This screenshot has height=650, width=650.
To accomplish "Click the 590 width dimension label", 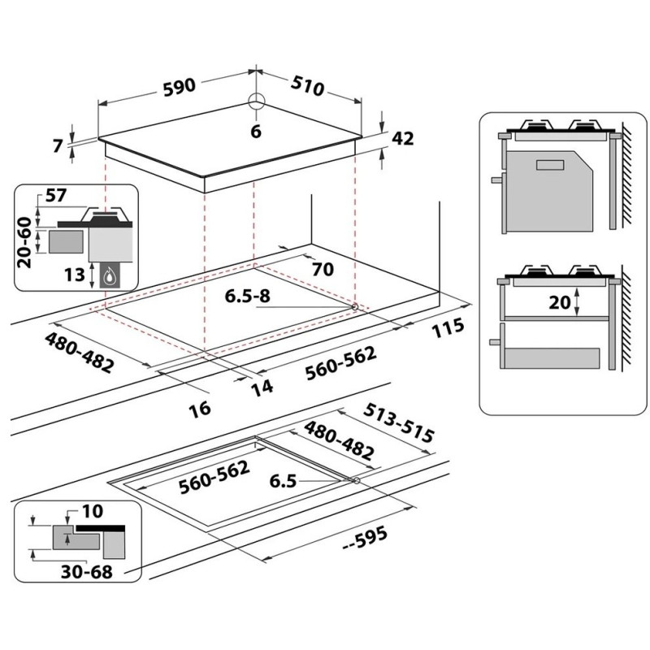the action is click(179, 88).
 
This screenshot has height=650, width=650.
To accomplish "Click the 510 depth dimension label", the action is click(307, 86).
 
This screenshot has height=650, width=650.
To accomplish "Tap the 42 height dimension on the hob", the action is click(402, 138).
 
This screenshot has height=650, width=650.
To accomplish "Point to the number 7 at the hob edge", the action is click(58, 145).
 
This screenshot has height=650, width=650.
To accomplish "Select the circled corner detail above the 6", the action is click(256, 101).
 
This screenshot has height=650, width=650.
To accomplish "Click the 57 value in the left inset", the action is click(55, 195).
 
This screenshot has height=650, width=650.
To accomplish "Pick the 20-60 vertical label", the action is click(24, 242).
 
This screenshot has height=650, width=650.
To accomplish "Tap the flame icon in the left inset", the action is click(110, 275).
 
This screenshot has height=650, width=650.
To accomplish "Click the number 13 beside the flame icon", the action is click(75, 275).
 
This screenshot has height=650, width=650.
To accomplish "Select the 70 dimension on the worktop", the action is click(323, 270).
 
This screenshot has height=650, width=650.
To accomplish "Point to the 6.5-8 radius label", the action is click(248, 296).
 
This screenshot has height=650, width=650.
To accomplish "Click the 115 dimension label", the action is click(448, 327).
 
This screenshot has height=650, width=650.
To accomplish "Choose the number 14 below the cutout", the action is click(262, 388).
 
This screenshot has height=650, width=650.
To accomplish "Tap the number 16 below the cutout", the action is click(200, 409).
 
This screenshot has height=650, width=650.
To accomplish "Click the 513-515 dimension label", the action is click(398, 422).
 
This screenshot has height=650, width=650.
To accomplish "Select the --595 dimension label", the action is click(365, 539).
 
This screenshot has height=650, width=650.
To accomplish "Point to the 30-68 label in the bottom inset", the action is click(87, 572).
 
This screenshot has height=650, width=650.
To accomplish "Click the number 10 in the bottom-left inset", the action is click(92, 512).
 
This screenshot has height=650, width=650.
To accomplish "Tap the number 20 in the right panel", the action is click(560, 302).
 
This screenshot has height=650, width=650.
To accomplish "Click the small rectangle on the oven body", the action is click(550, 165).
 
